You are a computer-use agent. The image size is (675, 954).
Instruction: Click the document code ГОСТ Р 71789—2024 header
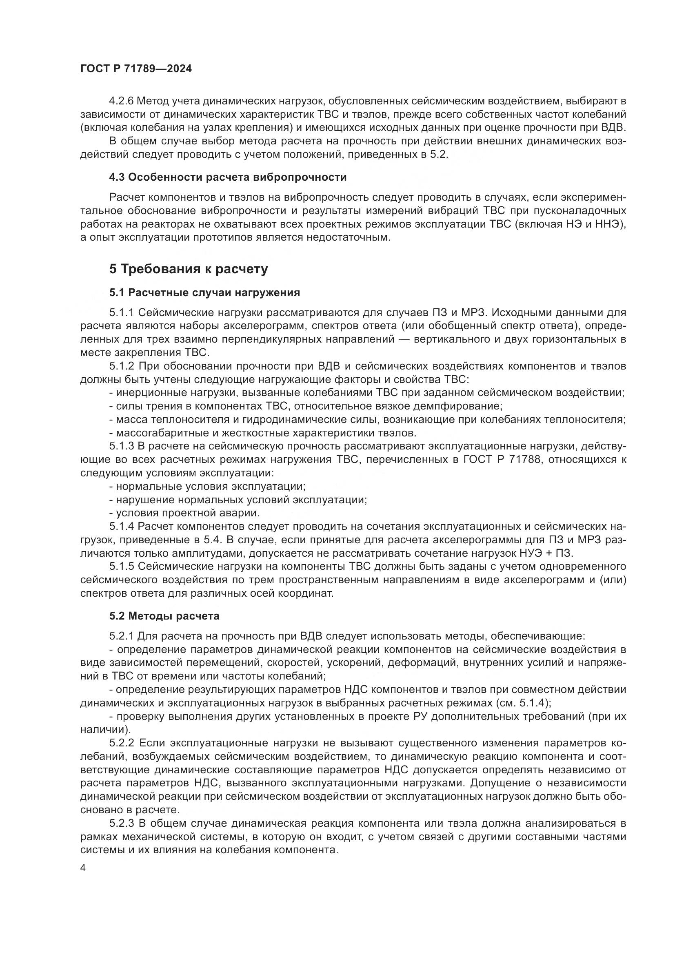[x=136, y=69]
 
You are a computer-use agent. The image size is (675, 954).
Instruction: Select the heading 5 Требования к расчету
[x=188, y=269]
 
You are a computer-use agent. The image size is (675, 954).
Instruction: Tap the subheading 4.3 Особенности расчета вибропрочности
[x=228, y=177]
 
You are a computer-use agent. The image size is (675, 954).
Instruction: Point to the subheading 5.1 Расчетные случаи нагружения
[x=204, y=292]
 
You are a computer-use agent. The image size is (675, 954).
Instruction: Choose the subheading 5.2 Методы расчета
[x=164, y=616]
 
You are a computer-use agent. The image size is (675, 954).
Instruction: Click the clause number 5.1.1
[x=122, y=312]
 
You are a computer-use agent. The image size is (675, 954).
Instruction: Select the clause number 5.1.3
[x=122, y=446]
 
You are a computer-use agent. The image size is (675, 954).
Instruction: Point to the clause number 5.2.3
[x=122, y=823]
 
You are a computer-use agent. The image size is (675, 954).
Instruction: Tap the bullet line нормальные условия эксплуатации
[x=210, y=486]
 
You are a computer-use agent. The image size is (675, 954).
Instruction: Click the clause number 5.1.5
[x=122, y=567]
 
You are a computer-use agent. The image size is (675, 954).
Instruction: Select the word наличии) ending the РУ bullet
[x=106, y=729]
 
